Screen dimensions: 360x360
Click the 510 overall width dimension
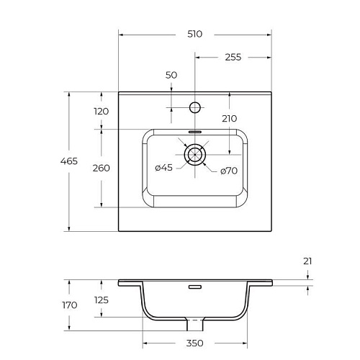(x=194, y=34)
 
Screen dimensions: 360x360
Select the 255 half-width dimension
(x=231, y=57)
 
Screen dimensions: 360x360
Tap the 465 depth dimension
(x=68, y=161)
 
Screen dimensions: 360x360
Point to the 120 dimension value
(x=101, y=111)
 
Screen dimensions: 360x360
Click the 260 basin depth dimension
(x=101, y=168)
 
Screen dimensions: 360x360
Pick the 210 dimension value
(x=229, y=118)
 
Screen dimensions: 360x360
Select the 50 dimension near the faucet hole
(x=171, y=75)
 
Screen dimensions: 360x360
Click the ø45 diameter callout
(x=163, y=168)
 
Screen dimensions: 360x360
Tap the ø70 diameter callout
(x=228, y=171)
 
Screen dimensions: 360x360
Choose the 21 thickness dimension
(x=307, y=261)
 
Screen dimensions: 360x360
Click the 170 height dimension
(x=69, y=305)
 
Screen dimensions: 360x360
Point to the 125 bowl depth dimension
(x=101, y=300)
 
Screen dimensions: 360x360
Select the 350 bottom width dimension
(x=194, y=343)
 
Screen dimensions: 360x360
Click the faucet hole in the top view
(x=194, y=107)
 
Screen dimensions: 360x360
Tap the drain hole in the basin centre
(x=195, y=153)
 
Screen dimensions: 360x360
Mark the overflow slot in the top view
(x=195, y=132)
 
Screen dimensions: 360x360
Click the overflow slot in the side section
(x=195, y=287)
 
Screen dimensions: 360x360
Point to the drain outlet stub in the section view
(x=195, y=320)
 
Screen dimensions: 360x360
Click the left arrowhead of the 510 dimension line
(x=121, y=34)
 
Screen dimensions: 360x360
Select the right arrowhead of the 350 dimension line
(x=243, y=343)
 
